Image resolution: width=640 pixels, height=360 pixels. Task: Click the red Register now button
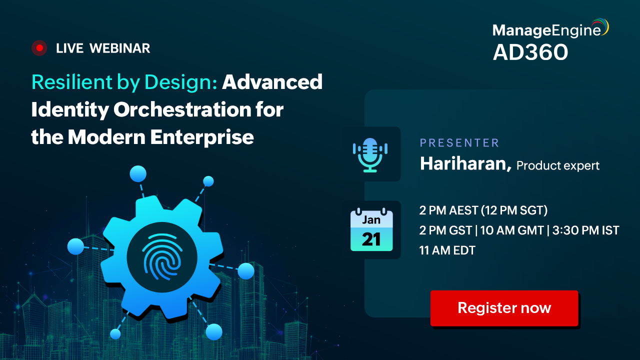tap(504, 308)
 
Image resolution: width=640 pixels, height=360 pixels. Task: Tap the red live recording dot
tap(39, 48)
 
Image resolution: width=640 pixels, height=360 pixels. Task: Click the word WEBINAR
tap(119, 48)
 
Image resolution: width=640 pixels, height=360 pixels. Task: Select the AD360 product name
tap(530, 52)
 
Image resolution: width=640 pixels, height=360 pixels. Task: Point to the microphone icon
tap(370, 155)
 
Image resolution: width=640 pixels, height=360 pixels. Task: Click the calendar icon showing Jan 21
tap(371, 229)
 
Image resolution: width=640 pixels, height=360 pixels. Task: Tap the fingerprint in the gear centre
tap(162, 257)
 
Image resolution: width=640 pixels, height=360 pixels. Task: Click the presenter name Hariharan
tap(465, 163)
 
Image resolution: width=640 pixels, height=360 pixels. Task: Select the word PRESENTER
tap(459, 143)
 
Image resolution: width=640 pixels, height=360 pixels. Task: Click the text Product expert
tap(558, 165)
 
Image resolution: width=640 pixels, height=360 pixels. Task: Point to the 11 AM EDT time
tap(447, 250)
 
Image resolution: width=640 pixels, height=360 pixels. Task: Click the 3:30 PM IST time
tap(585, 230)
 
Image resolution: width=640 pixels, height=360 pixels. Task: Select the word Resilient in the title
tap(72, 82)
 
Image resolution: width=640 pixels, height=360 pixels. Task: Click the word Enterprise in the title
tap(202, 137)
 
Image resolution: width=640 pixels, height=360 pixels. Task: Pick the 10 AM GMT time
tap(511, 230)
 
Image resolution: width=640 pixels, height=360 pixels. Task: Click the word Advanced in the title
tap(272, 82)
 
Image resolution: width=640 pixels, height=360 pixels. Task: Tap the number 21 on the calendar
tap(371, 239)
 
